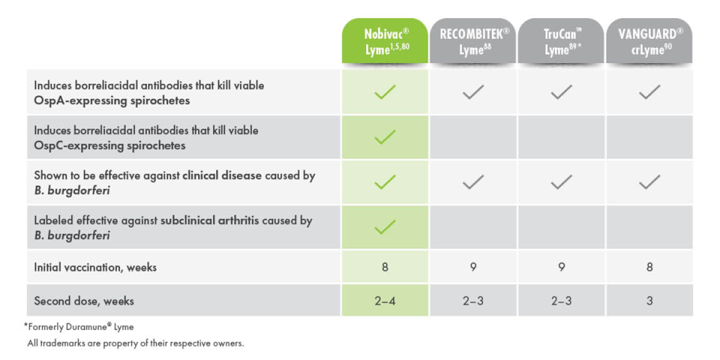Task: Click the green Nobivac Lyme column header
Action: tap(385, 40)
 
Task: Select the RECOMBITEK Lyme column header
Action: tap(473, 40)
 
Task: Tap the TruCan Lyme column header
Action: tap(561, 40)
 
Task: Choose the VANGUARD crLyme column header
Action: tap(649, 40)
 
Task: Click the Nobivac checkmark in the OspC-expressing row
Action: tap(385, 136)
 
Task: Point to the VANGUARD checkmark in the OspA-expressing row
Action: tap(649, 91)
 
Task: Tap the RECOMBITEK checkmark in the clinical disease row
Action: tap(473, 181)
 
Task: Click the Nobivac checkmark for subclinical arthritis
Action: tap(385, 226)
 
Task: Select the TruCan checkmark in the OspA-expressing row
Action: tap(561, 91)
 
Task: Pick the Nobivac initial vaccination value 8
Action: tap(385, 267)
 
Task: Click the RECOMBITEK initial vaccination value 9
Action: tap(473, 267)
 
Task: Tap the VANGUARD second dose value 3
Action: tap(649, 301)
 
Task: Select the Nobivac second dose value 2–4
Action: tap(385, 301)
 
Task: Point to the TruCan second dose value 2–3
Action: tap(561, 301)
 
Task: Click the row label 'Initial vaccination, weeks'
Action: tap(95, 267)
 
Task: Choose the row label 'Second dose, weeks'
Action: tap(84, 301)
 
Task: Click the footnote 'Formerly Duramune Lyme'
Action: tap(79, 327)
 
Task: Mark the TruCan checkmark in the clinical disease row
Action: tap(561, 181)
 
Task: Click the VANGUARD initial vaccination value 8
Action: tap(649, 267)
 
